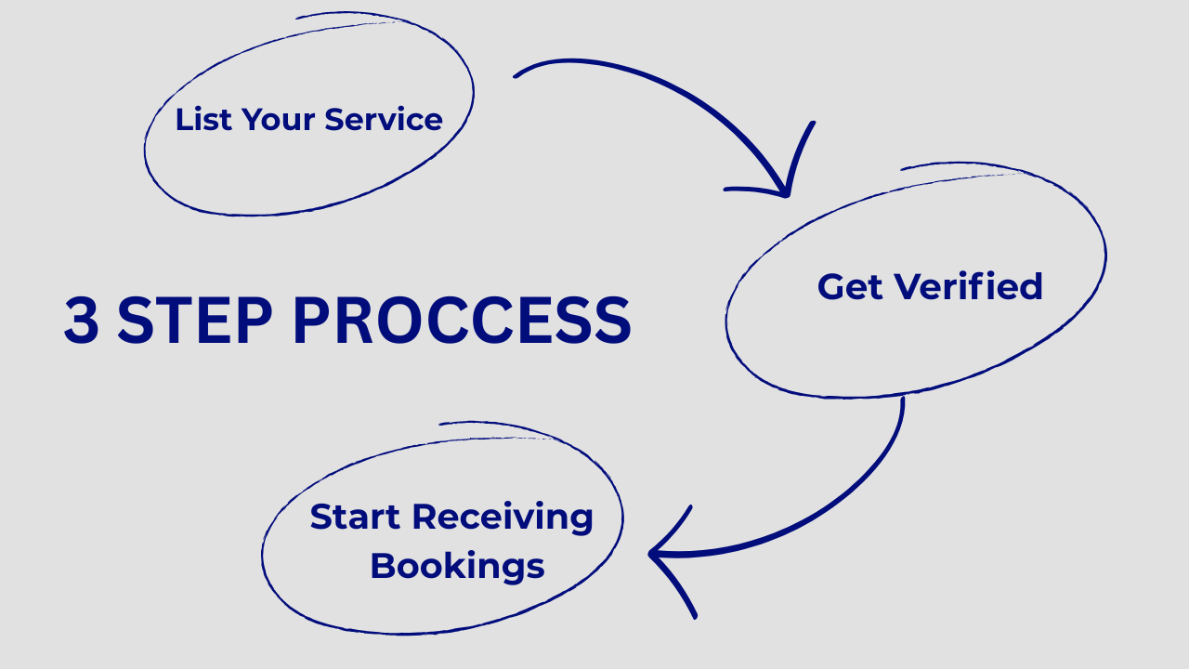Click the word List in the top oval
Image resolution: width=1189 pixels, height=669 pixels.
pos(203,119)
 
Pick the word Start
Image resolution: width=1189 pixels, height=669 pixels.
pos(356,517)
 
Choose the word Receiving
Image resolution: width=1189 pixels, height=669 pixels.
pos(503,518)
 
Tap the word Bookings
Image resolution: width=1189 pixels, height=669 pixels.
pos(457,566)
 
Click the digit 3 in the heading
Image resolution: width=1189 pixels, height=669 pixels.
pos(82,321)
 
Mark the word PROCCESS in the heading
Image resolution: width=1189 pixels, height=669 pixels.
pos(462,321)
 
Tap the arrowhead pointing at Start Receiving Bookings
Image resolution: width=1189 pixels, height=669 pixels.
pos(658,556)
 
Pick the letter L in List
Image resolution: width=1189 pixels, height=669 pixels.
pos(183,119)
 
